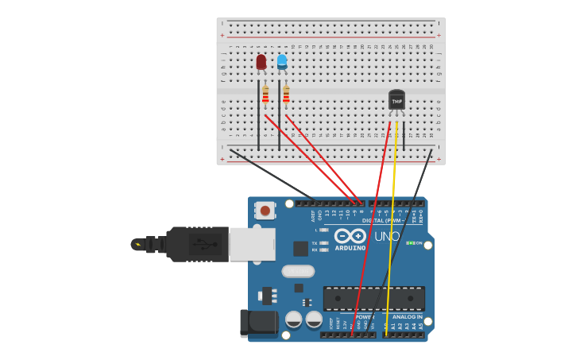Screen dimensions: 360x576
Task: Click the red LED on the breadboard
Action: tap(261, 62)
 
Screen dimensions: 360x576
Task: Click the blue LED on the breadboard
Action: tap(282, 61)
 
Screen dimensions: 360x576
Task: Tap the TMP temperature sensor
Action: tap(396, 100)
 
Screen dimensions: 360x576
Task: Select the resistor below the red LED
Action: tap(265, 95)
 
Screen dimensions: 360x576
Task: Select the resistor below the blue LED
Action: tap(286, 95)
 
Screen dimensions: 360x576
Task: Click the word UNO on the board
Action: tap(387, 237)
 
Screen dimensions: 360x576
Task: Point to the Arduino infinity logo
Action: tap(350, 236)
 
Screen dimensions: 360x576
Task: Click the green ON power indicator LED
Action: tap(410, 242)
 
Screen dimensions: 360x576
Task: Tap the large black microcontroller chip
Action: tap(373, 298)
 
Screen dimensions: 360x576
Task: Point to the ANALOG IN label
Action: tap(408, 317)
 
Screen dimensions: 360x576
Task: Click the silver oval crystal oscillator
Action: tap(298, 271)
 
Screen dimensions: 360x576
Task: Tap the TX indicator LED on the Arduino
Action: tap(324, 242)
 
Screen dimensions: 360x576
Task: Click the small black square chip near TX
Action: tap(300, 248)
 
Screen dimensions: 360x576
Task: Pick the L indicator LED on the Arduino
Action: tap(324, 230)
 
